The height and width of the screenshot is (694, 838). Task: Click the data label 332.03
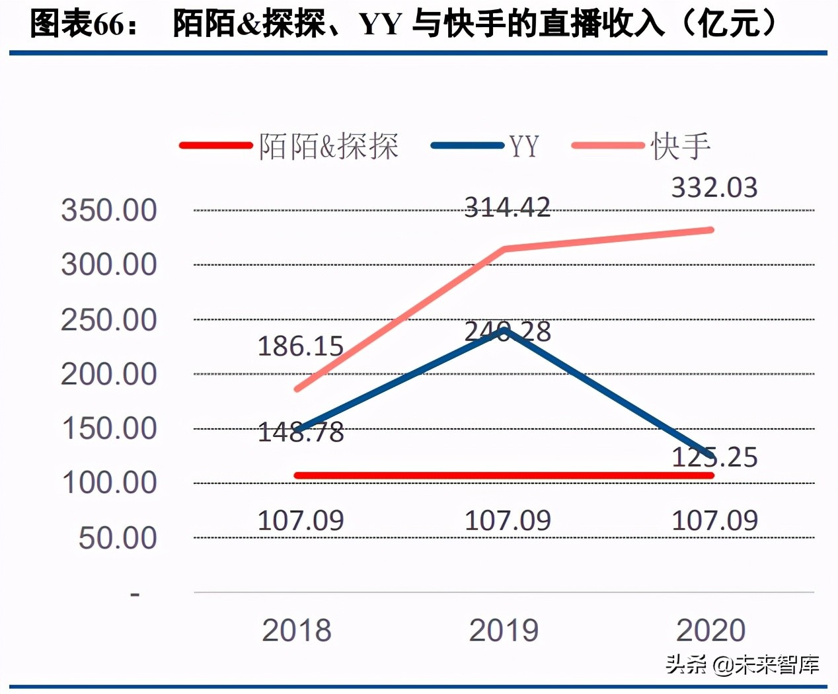(714, 188)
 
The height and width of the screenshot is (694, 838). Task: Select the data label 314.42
(507, 208)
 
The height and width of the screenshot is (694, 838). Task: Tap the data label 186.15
(300, 346)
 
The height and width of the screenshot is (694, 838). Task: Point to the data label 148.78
(300, 433)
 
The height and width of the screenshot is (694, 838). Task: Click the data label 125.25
(714, 457)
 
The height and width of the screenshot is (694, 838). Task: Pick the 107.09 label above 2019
(507, 521)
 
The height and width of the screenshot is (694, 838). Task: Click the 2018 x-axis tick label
(297, 631)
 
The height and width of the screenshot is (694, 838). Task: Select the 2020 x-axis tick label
(710, 631)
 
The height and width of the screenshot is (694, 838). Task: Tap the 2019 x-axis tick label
(504, 631)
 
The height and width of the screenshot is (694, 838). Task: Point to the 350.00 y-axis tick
(109, 211)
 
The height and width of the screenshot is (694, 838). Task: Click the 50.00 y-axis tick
(118, 538)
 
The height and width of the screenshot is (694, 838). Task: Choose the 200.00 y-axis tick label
(109, 375)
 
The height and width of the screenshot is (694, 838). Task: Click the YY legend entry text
(523, 146)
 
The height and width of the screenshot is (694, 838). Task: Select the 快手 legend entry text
(680, 146)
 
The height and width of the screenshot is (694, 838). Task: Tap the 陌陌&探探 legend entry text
(328, 146)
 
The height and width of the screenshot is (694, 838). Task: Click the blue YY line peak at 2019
(505, 330)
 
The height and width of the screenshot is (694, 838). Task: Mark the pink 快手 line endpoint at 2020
(710, 230)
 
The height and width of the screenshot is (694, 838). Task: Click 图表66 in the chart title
(77, 24)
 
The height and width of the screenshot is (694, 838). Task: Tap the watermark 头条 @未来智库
(742, 664)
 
